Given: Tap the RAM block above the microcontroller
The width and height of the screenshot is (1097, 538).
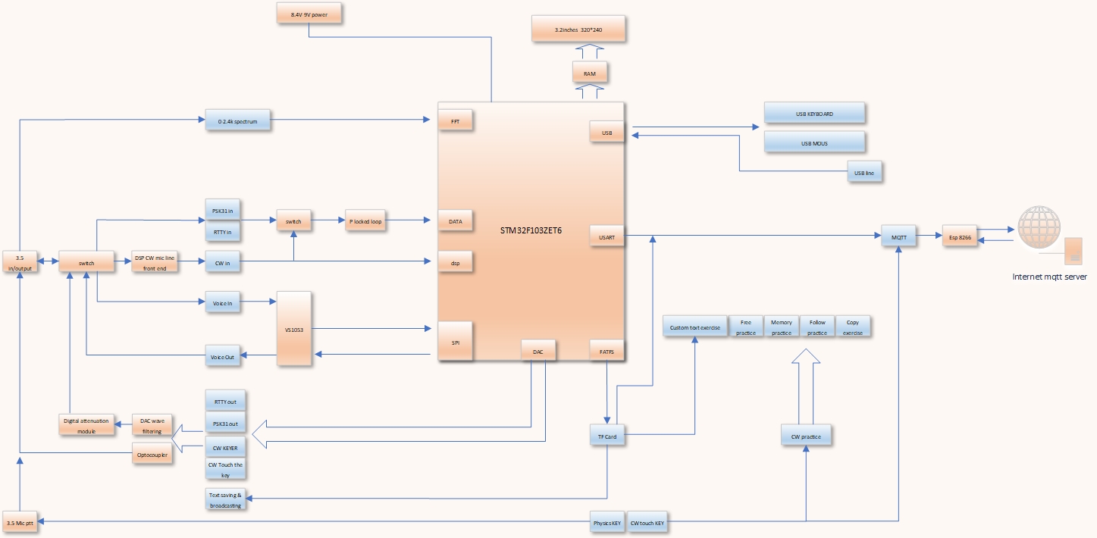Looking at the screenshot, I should [589, 74].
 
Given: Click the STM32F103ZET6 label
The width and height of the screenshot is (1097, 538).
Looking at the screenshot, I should [531, 230].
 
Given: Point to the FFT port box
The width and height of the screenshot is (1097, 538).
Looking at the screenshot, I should [455, 120].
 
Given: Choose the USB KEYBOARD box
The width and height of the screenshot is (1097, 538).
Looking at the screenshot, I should [814, 114].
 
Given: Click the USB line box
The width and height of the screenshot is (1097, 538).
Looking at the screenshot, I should [864, 173].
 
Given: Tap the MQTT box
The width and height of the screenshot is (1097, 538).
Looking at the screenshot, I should [899, 237].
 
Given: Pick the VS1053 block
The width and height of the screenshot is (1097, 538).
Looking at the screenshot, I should [295, 329].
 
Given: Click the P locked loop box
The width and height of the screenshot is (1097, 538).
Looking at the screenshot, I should [365, 222].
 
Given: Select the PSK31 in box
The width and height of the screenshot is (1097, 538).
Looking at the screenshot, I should [223, 210].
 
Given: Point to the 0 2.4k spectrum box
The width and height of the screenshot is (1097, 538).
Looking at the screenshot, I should [238, 120].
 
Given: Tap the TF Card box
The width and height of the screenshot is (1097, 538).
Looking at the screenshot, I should [608, 436].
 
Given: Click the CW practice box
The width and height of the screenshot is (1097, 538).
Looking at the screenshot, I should [806, 436].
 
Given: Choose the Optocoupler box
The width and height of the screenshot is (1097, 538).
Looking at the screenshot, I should [152, 453].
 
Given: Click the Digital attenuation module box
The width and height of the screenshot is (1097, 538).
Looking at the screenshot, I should [87, 425].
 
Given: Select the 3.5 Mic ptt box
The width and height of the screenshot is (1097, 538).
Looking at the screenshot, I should [20, 523].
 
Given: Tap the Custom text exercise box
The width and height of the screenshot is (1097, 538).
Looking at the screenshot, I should [694, 328].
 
